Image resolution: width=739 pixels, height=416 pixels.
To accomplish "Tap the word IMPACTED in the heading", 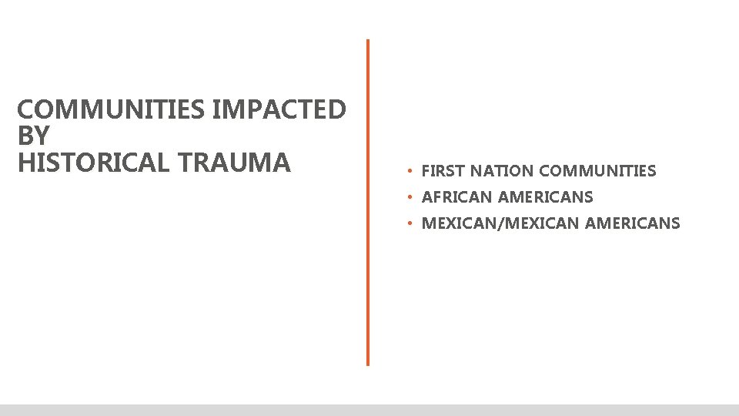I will point(279,110).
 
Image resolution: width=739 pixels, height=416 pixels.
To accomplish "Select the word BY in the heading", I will point(32,136).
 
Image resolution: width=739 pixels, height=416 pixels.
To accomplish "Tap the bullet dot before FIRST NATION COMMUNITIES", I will point(412,170).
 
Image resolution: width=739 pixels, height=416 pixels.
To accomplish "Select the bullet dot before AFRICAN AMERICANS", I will point(412,197).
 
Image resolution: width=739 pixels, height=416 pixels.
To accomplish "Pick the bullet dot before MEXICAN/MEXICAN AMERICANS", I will point(412,223).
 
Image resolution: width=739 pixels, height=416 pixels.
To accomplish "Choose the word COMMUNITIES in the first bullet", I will point(597,171).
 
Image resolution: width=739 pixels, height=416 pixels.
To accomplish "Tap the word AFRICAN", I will point(456,197).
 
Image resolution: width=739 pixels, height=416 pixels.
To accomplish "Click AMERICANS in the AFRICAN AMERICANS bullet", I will point(545,197).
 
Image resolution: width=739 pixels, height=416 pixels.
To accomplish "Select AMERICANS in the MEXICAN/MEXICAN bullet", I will point(632,223).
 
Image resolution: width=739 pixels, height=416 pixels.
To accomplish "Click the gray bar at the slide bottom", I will point(369,410).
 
